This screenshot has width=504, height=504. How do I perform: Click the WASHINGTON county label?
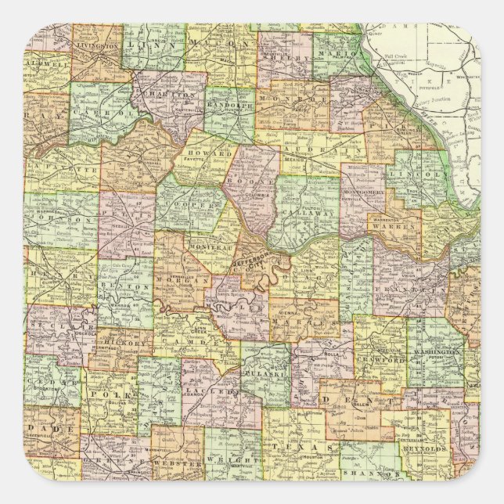[434, 353]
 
